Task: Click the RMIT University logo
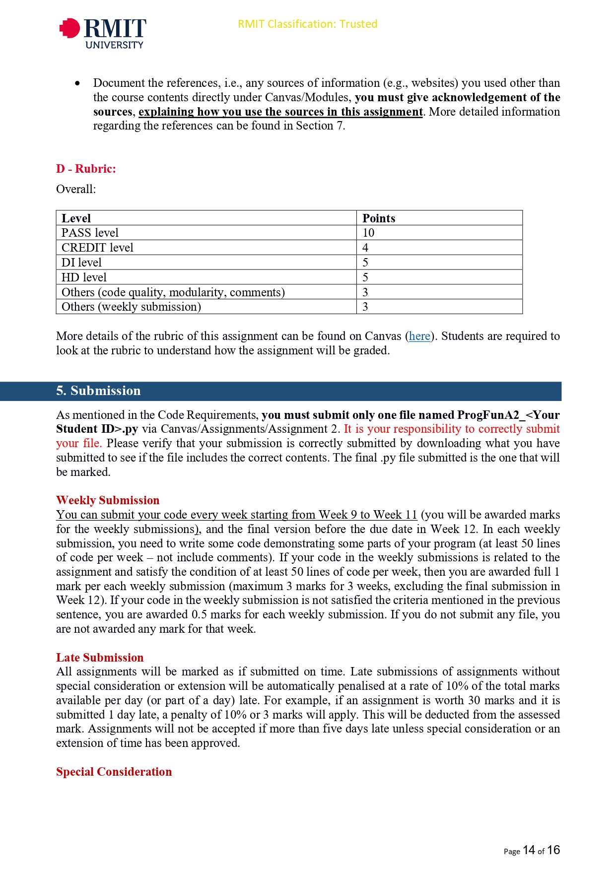pos(103,33)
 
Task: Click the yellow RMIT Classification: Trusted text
pos(307,24)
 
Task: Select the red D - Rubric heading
pos(86,169)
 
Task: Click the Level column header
pos(76,218)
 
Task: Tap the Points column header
pos(378,218)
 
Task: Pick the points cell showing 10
pos(368,233)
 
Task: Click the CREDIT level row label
pos(97,248)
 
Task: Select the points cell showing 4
pos(365,248)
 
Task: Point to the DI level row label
pos(81,263)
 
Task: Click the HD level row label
pos(84,277)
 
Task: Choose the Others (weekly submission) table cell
pos(131,307)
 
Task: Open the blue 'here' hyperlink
pos(419,336)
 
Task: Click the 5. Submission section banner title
pos(98,391)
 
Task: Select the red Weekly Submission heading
pos(108,500)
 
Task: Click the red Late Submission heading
pos(100,658)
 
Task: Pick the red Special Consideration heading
pos(114,772)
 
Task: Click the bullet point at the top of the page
pos(77,83)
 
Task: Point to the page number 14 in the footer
pos(529,850)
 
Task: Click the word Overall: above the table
pos(76,189)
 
